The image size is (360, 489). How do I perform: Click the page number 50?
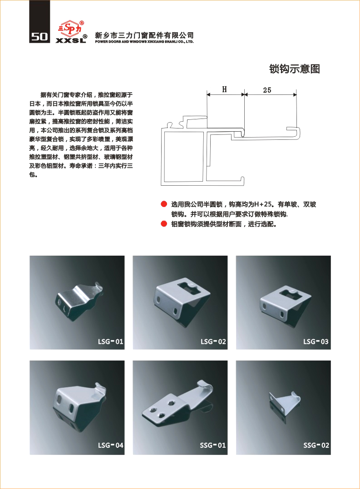(x=39, y=37)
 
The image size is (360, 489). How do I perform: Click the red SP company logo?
(x=70, y=29)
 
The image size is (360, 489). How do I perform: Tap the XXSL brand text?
(x=71, y=40)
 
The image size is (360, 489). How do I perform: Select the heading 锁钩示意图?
(x=295, y=69)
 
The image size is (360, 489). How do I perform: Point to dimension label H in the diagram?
(x=224, y=89)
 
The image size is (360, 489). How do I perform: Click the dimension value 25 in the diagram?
(x=267, y=90)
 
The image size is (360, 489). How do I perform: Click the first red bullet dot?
(x=164, y=204)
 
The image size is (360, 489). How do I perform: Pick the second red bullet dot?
(x=164, y=223)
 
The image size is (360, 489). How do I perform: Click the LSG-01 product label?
(x=111, y=341)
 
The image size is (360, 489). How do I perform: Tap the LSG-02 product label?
(x=213, y=341)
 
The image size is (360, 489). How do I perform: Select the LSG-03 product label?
(x=316, y=341)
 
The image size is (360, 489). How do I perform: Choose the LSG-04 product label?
(x=111, y=445)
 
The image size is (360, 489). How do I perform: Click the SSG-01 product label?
(x=213, y=445)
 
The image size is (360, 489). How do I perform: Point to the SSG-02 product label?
(x=316, y=445)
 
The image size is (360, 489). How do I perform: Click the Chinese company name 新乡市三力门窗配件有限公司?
(x=144, y=35)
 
